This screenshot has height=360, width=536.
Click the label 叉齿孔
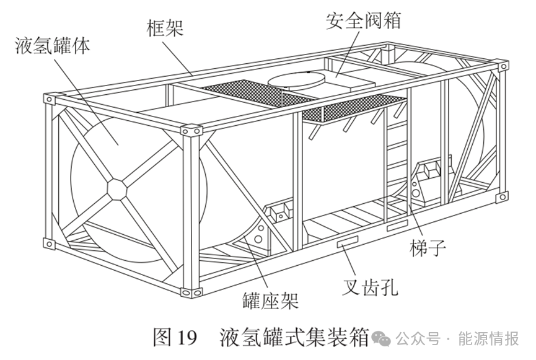pos(371,286)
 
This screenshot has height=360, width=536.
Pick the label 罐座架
pos(271,302)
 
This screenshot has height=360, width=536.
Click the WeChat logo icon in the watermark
pos(380,338)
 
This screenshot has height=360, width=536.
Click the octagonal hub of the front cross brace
pos(118,188)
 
